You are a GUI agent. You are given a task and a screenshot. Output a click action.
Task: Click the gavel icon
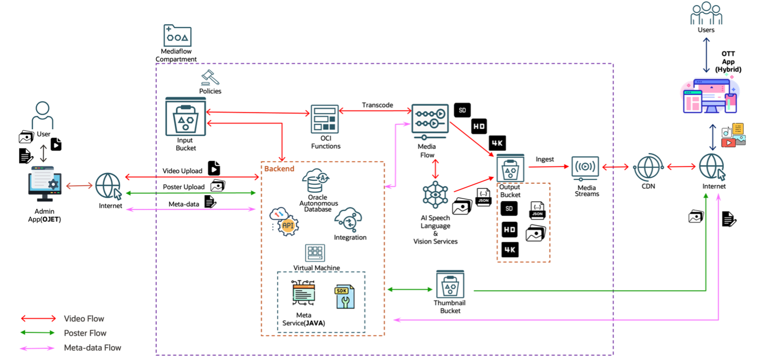(210, 78)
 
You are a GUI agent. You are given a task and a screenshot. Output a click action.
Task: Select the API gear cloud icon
(284, 221)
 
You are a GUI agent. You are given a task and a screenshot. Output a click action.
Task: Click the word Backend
(279, 169)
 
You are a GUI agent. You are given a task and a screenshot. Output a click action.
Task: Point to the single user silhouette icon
(43, 116)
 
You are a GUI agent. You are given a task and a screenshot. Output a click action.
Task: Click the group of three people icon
(706, 13)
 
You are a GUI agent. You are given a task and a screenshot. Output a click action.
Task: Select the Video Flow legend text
(84, 319)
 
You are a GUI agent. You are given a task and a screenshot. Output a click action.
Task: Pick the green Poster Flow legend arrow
(38, 333)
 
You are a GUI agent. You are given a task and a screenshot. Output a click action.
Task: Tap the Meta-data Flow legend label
(93, 348)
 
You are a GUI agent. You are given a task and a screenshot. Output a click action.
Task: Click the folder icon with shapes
(177, 36)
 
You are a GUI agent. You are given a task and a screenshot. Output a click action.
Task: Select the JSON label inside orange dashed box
(537, 214)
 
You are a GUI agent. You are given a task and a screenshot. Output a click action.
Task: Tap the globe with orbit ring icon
(647, 167)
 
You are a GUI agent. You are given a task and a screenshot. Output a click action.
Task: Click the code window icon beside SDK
(304, 293)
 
